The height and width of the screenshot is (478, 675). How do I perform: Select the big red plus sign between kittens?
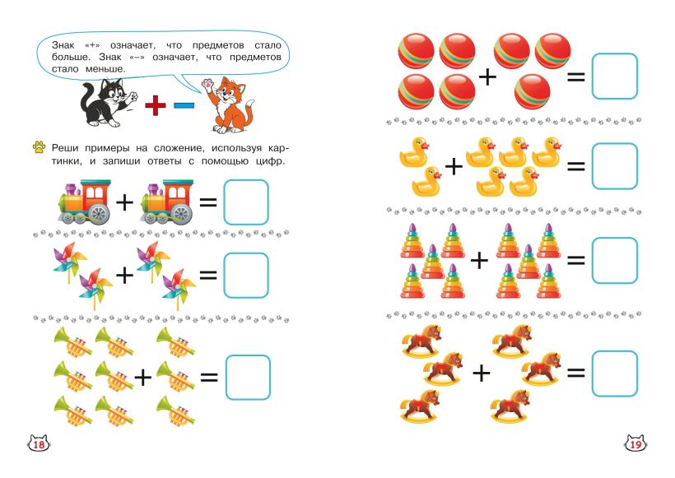click(156, 105)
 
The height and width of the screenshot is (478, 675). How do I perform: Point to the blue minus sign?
click(184, 105)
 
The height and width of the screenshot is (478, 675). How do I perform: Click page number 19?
click(635, 445)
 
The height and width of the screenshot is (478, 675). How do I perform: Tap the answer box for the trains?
click(246, 202)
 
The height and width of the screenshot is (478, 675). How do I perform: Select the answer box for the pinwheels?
click(246, 275)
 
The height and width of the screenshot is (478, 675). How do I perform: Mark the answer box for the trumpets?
click(247, 377)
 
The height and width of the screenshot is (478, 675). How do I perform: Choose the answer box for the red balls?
click(614, 77)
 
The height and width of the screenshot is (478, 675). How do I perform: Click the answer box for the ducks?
click(614, 166)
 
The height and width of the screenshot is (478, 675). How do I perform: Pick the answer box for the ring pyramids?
click(614, 260)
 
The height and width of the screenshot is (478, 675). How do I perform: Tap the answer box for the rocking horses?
click(614, 373)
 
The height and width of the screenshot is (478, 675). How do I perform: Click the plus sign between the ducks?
click(454, 167)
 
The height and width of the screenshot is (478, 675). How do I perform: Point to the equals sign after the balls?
click(575, 77)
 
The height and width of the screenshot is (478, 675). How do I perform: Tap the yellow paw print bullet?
click(38, 147)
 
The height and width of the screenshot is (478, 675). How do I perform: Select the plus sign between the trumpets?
click(143, 377)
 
